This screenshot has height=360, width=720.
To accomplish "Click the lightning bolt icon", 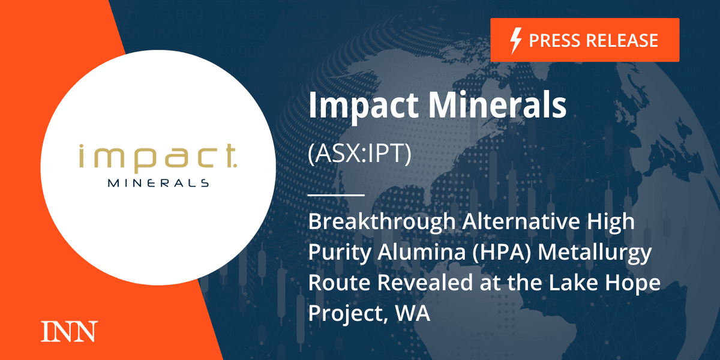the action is coord(516,41).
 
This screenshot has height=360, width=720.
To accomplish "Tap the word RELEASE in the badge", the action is coord(622,41).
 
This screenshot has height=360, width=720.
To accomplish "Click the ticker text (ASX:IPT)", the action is coord(359,154).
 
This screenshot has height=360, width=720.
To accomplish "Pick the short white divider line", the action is coord(336,195).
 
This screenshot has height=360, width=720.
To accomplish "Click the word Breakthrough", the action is coord(382,221).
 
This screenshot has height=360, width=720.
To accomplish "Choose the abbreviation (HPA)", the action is coord(502,252).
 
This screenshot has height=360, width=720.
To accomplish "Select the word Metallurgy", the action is coord(595,253).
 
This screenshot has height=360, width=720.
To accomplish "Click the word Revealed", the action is coord(425,283).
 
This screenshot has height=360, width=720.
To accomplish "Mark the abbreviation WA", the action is coord(412,313).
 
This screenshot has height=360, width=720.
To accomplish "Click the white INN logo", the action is coord(69,331).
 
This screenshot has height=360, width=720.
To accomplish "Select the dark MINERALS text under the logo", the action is coord(158,183).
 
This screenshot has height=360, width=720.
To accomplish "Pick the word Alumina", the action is coord(421,252).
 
